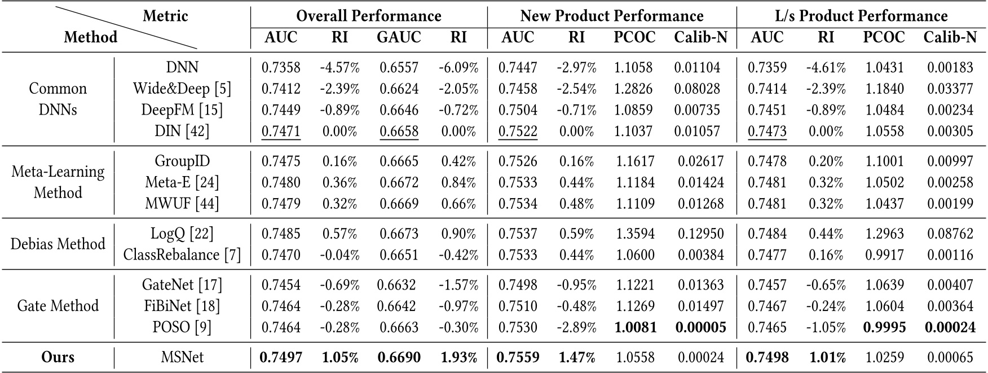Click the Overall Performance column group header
pyautogui.click(x=368, y=15)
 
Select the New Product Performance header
pyautogui.click(x=611, y=15)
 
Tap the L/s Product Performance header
pyautogui.click(x=861, y=15)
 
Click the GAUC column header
pyautogui.click(x=399, y=37)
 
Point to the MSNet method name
pyautogui.click(x=182, y=357)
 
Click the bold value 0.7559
pyautogui.click(x=518, y=357)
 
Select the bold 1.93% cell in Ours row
pyautogui.click(x=458, y=357)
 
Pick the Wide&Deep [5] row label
pyautogui.click(x=182, y=89)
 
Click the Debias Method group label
pyautogui.click(x=58, y=244)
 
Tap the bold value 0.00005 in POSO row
pyautogui.click(x=700, y=327)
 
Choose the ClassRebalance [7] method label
pyautogui.click(x=182, y=254)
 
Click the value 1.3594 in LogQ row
pyautogui.click(x=634, y=233)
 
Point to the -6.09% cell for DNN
pyautogui.click(x=458, y=68)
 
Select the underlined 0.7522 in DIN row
pyautogui.click(x=518, y=131)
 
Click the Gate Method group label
pyautogui.click(x=58, y=306)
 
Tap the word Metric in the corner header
pyautogui.click(x=165, y=15)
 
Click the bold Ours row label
pyautogui.click(x=58, y=357)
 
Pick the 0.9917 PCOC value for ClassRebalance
pyautogui.click(x=884, y=254)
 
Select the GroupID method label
pyautogui.click(x=182, y=161)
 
